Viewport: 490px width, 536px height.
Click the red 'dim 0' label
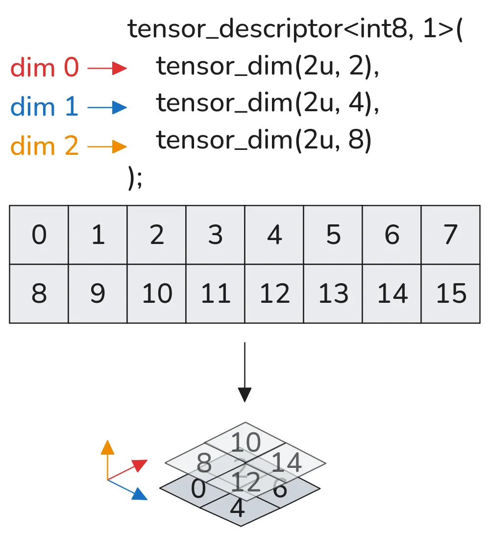[44, 68]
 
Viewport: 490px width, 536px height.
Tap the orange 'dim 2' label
[44, 146]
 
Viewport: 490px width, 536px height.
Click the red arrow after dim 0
[107, 69]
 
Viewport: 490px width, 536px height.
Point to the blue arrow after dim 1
[107, 107]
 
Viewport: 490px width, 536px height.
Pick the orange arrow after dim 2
[107, 146]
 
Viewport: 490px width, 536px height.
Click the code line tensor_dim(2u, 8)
[264, 141]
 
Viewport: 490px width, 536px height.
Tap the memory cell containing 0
[39, 235]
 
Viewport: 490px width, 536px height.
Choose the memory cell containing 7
[450, 235]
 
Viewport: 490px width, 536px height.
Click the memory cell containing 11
[215, 294]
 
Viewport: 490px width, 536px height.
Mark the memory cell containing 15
[450, 294]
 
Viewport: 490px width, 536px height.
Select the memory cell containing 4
[274, 235]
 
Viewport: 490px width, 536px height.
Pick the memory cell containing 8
[39, 294]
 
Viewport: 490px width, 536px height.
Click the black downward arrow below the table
[245, 372]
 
